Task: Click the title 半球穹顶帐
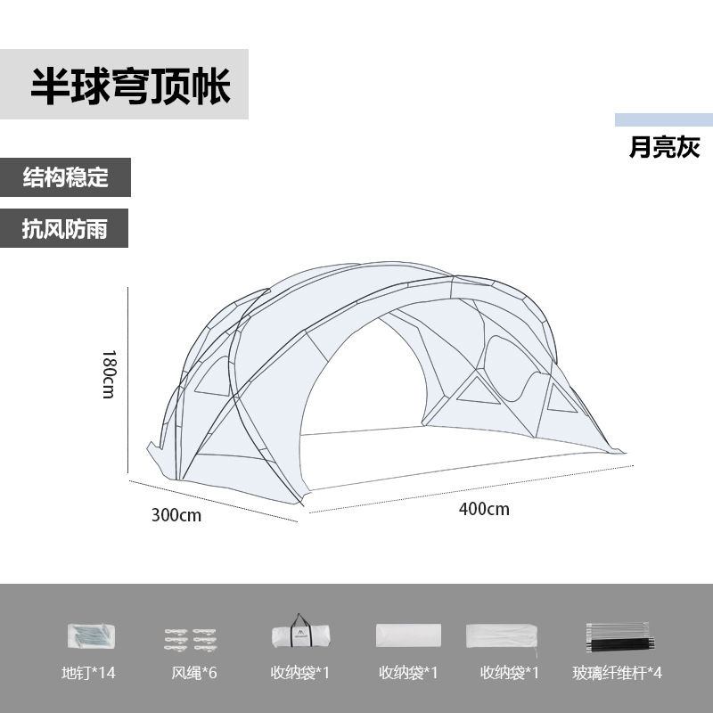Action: tap(130, 86)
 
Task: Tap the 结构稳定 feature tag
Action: tap(65, 177)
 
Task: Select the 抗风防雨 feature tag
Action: tap(65, 228)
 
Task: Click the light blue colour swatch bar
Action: tap(663, 120)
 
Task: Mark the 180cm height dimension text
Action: tap(109, 372)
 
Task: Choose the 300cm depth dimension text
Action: tap(176, 515)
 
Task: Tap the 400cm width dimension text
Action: tap(484, 509)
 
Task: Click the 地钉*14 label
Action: tap(93, 672)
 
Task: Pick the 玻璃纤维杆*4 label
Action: tap(617, 672)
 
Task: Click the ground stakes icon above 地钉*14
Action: tap(92, 635)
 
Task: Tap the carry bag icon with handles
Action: tap(300, 633)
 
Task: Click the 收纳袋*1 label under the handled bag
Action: tap(300, 672)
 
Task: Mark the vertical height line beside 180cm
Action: tap(129, 383)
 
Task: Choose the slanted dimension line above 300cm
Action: tap(214, 501)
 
